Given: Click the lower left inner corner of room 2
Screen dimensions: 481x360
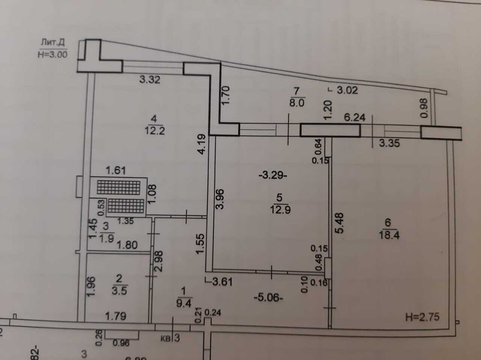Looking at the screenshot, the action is click(x=85, y=322).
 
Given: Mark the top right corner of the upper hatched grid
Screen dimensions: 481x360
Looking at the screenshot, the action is click(x=140, y=181).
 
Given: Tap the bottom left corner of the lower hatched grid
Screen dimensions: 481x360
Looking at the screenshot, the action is click(x=108, y=213).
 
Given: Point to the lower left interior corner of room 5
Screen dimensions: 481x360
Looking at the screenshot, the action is click(x=213, y=269).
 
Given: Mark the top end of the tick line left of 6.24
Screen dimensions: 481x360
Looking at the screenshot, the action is click(x=288, y=113).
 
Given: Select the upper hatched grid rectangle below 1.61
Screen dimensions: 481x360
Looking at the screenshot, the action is click(x=118, y=188).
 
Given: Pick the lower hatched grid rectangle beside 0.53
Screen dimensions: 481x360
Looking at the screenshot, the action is click(x=126, y=206).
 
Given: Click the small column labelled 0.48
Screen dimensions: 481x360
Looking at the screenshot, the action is click(x=328, y=268).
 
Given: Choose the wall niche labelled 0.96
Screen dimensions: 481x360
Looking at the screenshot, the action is click(x=122, y=335).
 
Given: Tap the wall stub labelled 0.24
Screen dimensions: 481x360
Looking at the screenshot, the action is click(x=207, y=321).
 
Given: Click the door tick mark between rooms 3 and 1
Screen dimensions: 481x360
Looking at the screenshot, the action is click(x=153, y=234).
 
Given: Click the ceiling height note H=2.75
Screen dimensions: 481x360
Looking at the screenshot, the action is click(x=422, y=317).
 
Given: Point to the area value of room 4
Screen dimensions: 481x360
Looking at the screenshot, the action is click(x=155, y=131).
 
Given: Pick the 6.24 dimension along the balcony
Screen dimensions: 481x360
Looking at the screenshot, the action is click(x=355, y=118).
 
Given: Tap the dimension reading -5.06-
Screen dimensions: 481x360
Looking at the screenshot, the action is click(x=268, y=298).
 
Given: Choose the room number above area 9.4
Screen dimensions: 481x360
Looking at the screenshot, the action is click(x=183, y=291).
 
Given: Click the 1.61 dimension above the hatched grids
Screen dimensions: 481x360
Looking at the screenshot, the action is click(x=116, y=171).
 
